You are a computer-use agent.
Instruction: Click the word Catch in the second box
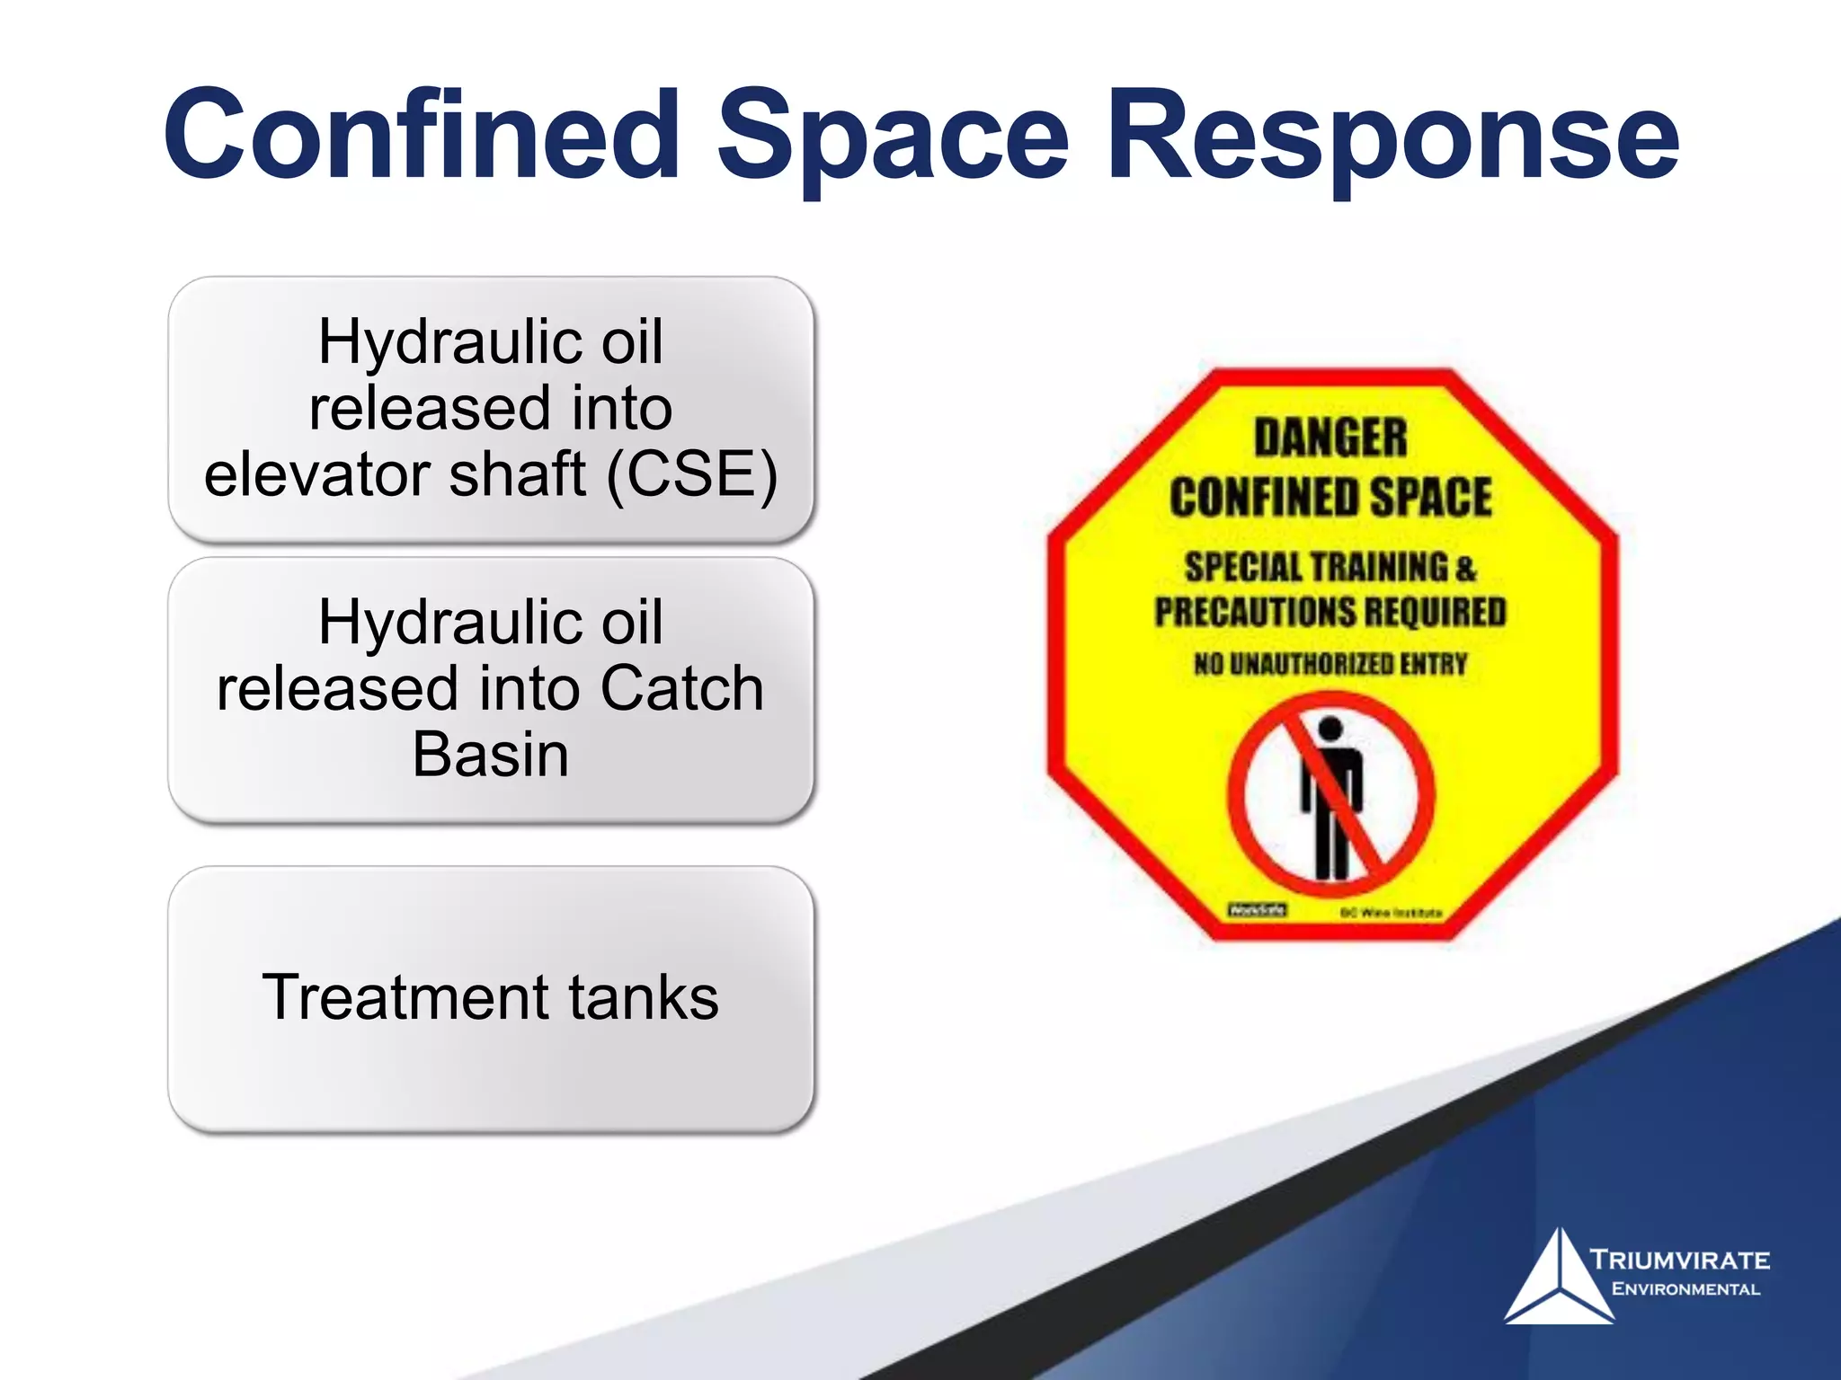(682, 689)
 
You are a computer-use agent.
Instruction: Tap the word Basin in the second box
(491, 755)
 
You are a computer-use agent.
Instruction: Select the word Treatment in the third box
(387, 997)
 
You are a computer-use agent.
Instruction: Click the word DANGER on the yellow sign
(1330, 438)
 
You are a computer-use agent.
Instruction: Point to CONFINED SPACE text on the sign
(1330, 498)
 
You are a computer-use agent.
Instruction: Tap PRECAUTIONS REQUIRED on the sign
(1330, 613)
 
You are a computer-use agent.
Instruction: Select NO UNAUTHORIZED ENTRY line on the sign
(1330, 665)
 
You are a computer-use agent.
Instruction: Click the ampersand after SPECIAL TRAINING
(1466, 569)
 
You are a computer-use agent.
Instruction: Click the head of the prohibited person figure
(1330, 730)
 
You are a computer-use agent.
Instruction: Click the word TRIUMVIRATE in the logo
(1679, 1260)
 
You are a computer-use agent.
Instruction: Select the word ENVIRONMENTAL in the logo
(1685, 1289)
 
